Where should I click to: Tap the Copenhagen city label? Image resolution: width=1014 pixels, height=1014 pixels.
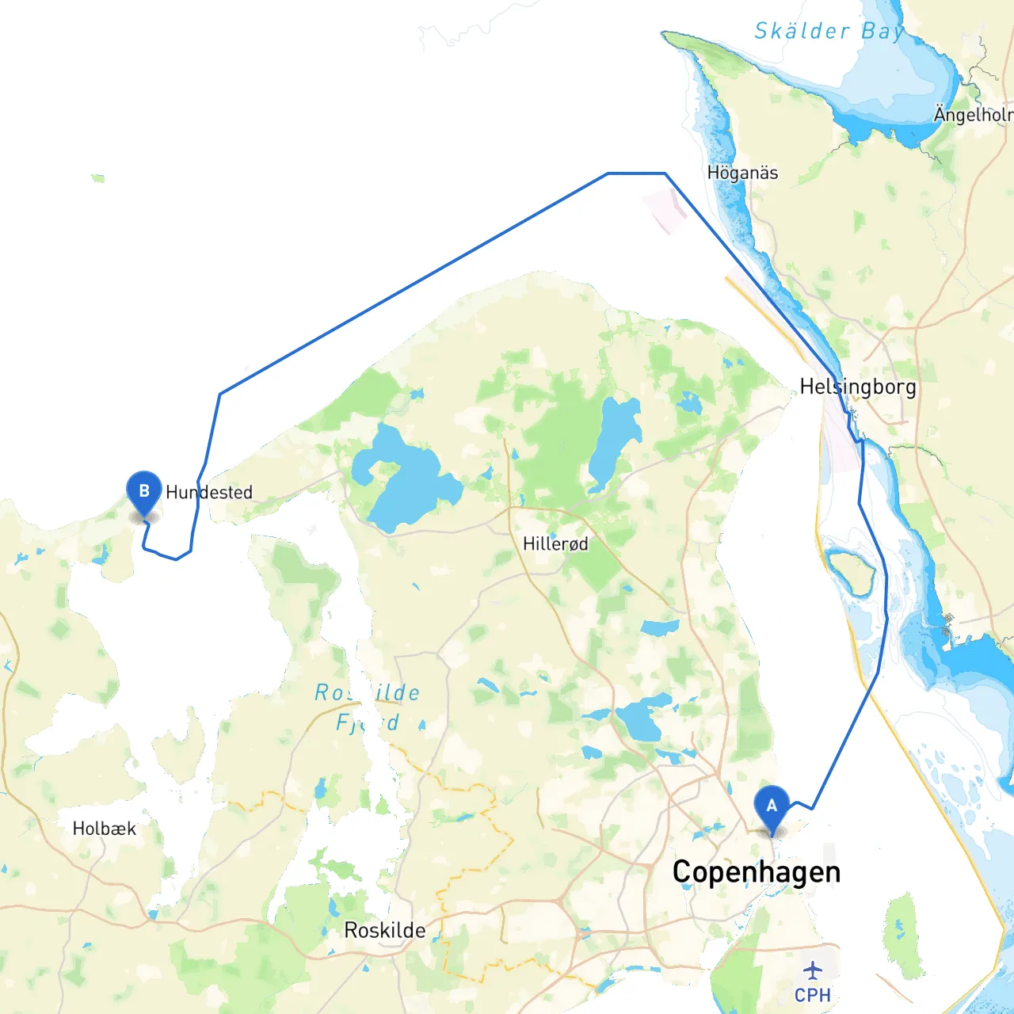click(x=756, y=872)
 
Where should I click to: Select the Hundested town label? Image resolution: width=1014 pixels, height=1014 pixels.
click(x=209, y=493)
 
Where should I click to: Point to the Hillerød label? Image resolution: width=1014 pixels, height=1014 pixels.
click(x=555, y=544)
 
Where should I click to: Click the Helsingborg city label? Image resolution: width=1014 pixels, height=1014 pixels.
click(x=857, y=387)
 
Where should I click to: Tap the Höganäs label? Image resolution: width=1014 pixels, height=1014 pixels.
click(x=742, y=173)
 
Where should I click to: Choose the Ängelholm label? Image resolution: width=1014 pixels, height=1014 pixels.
click(x=974, y=115)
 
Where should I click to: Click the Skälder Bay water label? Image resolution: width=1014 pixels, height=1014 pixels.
click(x=829, y=32)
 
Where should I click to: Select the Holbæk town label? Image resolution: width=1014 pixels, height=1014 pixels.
click(x=104, y=829)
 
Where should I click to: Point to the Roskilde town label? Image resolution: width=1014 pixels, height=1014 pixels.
click(x=384, y=930)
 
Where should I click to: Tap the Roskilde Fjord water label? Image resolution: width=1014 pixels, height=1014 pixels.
click(x=368, y=707)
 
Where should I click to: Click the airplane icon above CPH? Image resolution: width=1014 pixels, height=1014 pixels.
click(x=813, y=970)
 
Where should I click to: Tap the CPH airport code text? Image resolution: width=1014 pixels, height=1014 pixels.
click(x=813, y=995)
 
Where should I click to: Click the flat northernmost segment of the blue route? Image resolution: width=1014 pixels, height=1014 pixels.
click(x=636, y=173)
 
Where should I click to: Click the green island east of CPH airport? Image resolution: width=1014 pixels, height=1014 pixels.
click(x=903, y=935)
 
